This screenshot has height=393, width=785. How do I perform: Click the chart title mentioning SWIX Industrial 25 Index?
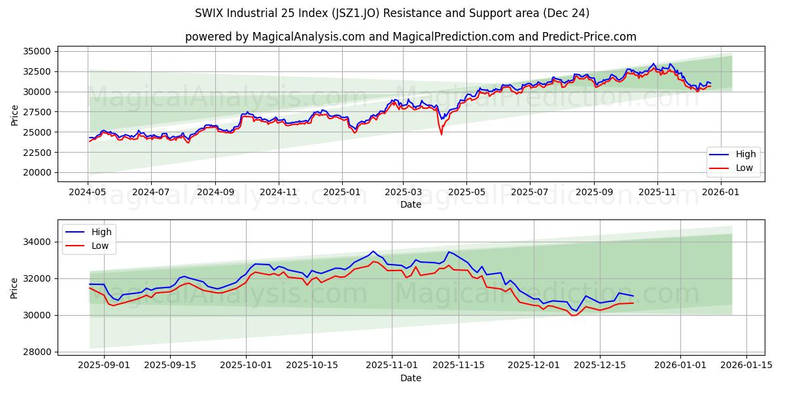[x=392, y=13]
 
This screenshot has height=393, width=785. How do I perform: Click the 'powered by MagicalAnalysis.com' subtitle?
[x=410, y=37]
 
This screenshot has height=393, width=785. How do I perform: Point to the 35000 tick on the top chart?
[x=37, y=51]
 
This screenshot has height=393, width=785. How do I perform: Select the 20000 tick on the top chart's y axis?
[x=37, y=173]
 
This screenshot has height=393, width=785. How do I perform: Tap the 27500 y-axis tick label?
[x=37, y=112]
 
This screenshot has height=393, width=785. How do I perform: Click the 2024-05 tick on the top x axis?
[x=88, y=193]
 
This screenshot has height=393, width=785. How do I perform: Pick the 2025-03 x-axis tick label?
[x=403, y=193]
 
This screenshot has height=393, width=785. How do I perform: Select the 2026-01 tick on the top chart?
[x=720, y=193]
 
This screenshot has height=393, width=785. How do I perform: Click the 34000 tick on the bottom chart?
[x=37, y=242]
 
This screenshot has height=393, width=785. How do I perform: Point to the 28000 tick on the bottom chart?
[x=37, y=352]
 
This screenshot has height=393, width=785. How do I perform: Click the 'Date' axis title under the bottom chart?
[x=410, y=378]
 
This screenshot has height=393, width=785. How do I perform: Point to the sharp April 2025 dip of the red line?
[x=442, y=134]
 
